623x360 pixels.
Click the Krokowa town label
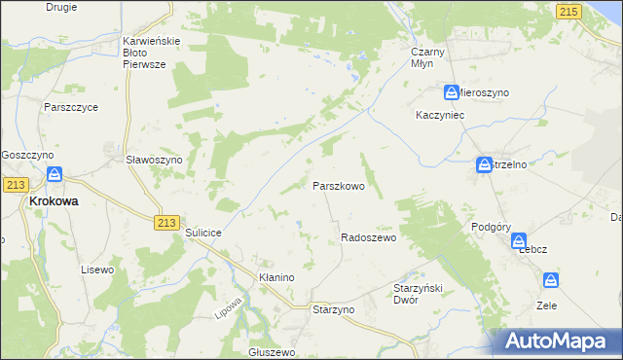54,200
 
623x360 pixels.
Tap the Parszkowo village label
338,185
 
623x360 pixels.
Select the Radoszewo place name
368,237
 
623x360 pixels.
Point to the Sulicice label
204,234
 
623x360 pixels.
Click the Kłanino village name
275,277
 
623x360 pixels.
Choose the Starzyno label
333,308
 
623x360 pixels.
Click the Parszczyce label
71,107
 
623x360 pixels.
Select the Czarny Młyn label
428,56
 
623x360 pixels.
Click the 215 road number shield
569,11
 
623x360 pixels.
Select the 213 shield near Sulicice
165,223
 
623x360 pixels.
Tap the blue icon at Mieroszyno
453,92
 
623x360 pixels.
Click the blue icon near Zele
552,281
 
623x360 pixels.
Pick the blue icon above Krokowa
55,175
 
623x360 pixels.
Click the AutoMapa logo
559,341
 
